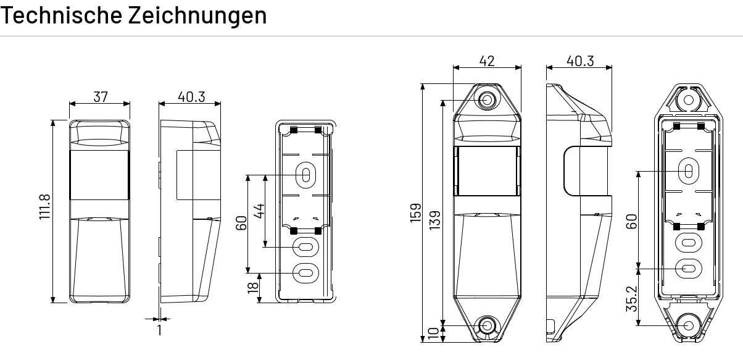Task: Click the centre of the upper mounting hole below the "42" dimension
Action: click(487, 99)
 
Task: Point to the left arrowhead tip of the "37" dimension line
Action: click(70, 104)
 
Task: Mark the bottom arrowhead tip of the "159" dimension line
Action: click(423, 341)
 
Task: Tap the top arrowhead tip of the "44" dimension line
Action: click(265, 175)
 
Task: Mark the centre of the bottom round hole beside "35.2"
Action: click(689, 325)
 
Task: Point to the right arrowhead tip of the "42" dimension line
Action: click(521, 68)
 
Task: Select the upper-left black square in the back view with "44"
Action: click(294, 130)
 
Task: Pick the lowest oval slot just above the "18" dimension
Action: click(306, 273)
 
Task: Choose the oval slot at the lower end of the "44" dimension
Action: click(306, 247)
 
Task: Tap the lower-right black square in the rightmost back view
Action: click(701, 227)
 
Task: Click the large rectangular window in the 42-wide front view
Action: click(487, 171)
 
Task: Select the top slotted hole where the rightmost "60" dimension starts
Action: click(689, 171)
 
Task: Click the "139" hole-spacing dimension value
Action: click(435, 220)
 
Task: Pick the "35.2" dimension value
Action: click(632, 299)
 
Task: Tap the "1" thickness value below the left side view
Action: click(160, 330)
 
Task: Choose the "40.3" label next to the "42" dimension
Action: click(580, 61)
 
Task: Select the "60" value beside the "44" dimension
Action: click(241, 223)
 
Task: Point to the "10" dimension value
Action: click(434, 334)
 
